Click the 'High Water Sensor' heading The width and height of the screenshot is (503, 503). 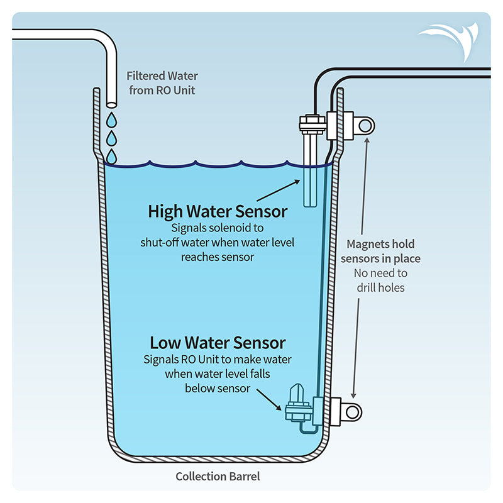pyautogui.click(x=218, y=211)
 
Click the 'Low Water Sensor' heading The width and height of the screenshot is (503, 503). pyautogui.click(x=218, y=343)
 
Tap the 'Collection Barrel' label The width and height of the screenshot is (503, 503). pyautogui.click(x=218, y=476)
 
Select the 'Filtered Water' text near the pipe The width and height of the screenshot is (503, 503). pyautogui.click(x=162, y=76)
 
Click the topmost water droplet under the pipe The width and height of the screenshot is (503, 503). pyautogui.click(x=111, y=119)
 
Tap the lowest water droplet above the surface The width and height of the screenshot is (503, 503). pyautogui.click(x=111, y=155)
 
